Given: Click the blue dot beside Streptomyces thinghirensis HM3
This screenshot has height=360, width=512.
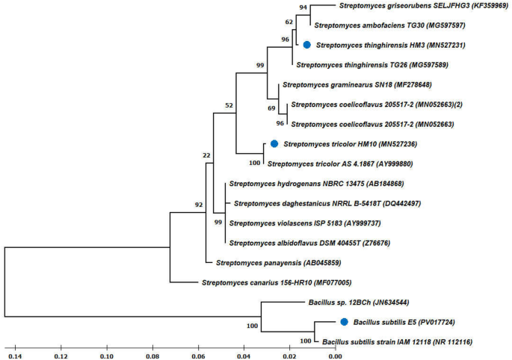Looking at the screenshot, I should coord(306,46).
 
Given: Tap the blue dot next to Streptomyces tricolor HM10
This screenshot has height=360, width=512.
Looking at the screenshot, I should coord(274,143).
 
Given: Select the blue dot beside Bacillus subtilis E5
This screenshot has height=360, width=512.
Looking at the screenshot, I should coord(345,322).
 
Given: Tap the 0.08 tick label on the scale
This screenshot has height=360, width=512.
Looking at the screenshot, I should coord(152,354).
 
